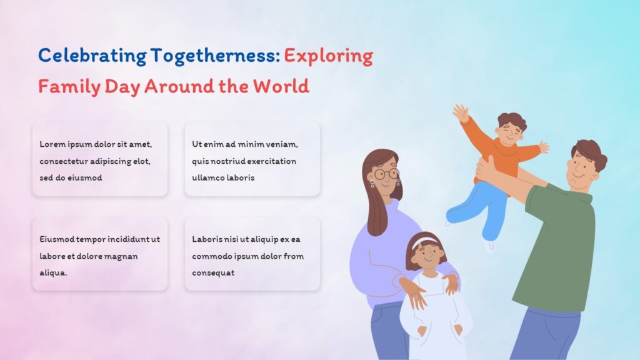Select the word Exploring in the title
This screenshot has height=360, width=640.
coord(328,56)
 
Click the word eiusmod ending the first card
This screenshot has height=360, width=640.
coord(84,177)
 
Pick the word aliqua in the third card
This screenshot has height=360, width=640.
coord(54,273)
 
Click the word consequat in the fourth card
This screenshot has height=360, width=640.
coord(213,273)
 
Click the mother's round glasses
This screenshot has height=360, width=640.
coord(387,174)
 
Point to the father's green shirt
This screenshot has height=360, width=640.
coord(559,250)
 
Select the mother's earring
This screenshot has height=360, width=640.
coord(372,184)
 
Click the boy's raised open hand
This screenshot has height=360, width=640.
coord(461,113)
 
